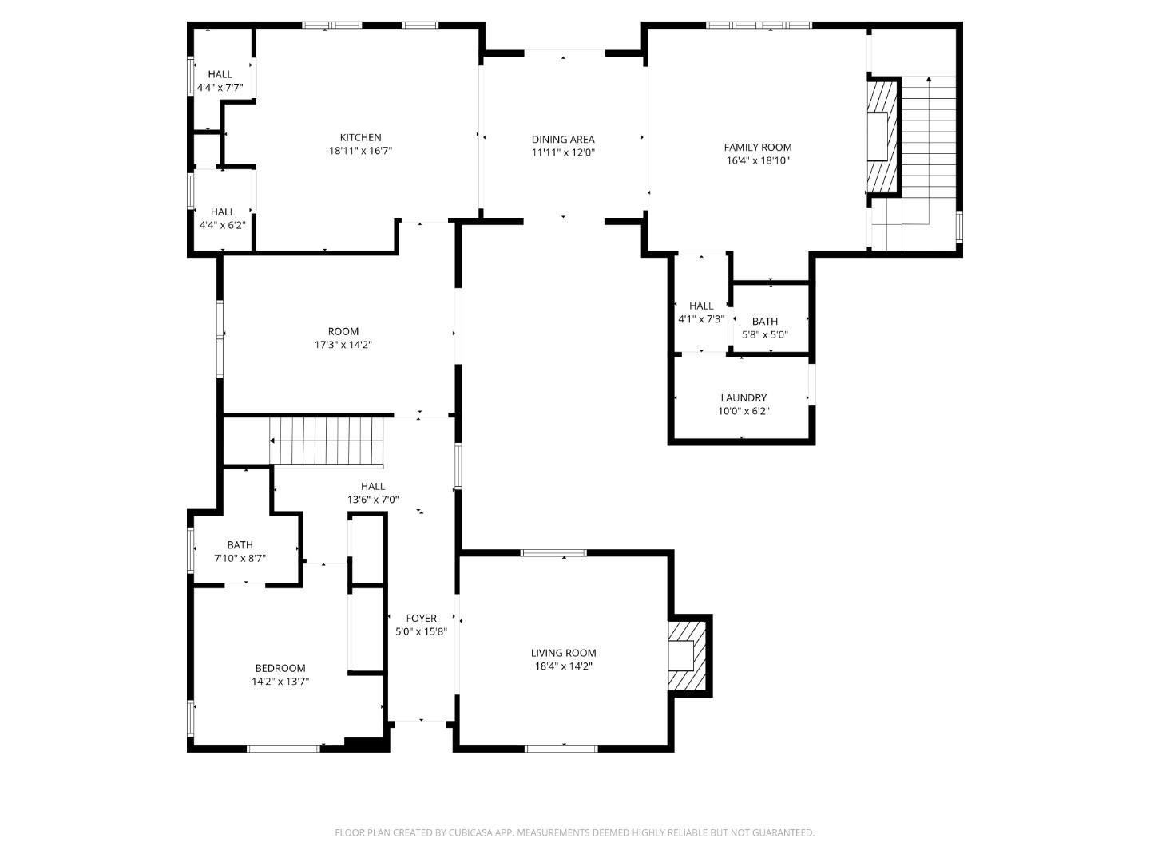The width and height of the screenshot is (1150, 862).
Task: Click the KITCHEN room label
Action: point(360,137)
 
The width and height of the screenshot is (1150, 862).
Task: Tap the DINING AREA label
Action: point(563,140)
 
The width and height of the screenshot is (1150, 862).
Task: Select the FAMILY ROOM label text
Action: point(757,147)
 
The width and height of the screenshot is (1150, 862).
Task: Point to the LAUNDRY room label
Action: point(743,397)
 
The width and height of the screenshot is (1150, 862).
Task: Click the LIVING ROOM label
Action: point(563,653)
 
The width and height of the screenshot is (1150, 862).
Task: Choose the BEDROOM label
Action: point(280,668)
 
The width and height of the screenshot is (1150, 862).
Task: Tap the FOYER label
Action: point(421,618)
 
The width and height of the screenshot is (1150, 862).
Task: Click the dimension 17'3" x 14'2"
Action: point(343,345)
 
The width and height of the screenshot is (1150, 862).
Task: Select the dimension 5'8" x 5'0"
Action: point(764,335)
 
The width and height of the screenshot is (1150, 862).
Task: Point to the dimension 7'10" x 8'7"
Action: point(240,559)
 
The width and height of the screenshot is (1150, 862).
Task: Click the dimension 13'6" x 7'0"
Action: point(372,500)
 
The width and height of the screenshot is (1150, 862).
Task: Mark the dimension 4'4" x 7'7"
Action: point(220,88)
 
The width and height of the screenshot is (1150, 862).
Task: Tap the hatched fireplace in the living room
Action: point(686,654)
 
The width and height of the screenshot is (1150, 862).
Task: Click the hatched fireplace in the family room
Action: point(882,136)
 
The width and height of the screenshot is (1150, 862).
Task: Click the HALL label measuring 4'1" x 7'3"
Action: point(700,306)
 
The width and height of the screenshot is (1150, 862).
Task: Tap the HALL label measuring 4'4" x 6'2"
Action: point(222,212)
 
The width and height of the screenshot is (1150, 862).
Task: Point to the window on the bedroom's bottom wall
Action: point(283,749)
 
